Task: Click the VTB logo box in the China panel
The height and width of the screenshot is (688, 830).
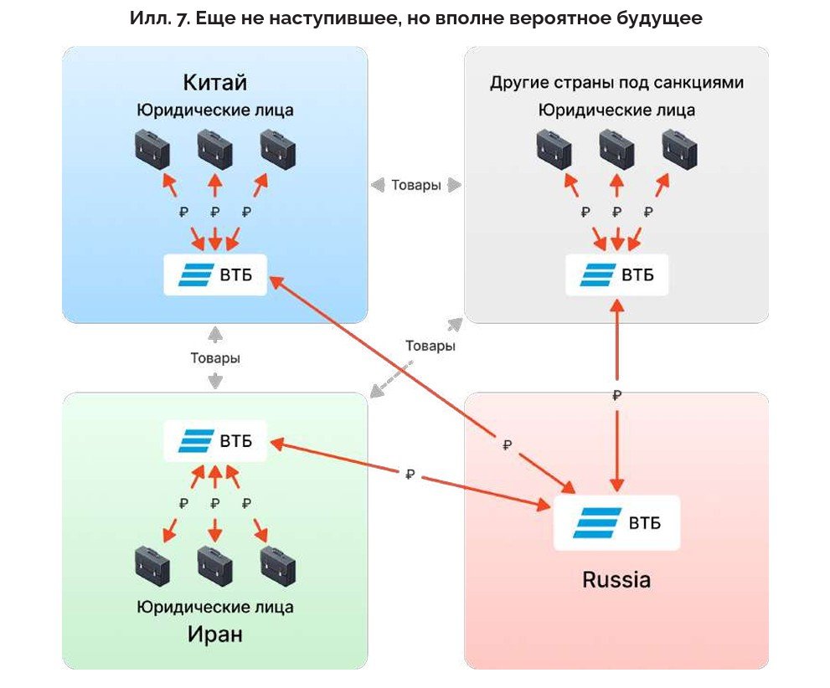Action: coord(215,275)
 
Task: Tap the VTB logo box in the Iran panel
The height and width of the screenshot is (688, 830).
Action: coord(215,440)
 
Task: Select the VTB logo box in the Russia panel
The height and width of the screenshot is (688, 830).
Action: coord(616,523)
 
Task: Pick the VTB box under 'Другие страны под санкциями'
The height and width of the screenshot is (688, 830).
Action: coord(617,275)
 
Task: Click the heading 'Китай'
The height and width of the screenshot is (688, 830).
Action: coord(215,82)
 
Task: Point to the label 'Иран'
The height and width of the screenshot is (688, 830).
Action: coord(215,634)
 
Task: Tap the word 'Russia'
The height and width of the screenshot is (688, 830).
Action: coord(616,579)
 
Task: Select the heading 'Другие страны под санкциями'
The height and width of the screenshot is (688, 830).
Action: coord(617,83)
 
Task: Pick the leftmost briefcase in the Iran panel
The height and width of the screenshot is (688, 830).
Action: coord(152,567)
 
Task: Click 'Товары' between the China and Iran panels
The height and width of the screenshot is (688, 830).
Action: coord(215,357)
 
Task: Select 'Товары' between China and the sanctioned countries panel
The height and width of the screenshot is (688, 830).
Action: coord(416,185)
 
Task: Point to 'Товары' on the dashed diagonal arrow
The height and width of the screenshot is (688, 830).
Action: coord(430,346)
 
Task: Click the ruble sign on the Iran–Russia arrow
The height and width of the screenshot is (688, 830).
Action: coord(410,474)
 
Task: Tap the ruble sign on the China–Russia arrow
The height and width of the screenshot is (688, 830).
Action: coord(507,445)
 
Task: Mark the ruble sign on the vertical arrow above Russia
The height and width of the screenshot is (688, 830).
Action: coord(617,395)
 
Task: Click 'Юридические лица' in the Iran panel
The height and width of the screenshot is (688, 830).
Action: coord(215,607)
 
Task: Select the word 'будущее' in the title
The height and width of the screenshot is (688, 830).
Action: coord(658,18)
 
